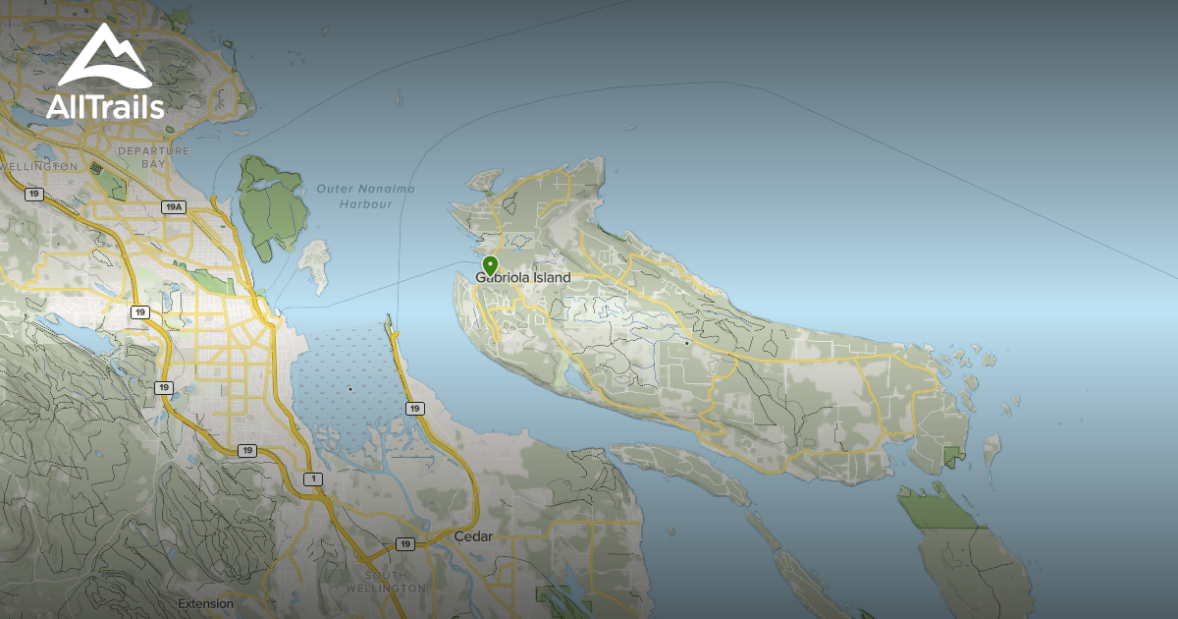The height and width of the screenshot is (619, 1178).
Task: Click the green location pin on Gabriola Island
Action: (x=490, y=264)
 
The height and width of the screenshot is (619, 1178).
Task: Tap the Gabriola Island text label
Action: (x=523, y=278)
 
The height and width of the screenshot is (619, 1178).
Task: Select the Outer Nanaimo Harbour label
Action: (x=365, y=197)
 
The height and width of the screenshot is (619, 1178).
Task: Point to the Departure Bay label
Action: (x=152, y=157)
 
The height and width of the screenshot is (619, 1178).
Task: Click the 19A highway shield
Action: (x=174, y=207)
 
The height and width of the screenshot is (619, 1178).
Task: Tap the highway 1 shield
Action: (x=313, y=479)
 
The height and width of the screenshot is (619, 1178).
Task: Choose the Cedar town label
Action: (x=473, y=537)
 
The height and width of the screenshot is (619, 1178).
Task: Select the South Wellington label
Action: (x=385, y=582)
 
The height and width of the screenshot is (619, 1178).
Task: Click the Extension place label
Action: (x=206, y=603)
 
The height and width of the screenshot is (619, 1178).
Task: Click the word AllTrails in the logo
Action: (x=105, y=106)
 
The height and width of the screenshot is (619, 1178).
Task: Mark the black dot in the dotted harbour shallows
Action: (x=350, y=390)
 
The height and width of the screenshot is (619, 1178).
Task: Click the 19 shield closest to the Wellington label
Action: (x=34, y=195)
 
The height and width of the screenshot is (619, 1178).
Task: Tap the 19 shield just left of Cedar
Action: (x=405, y=543)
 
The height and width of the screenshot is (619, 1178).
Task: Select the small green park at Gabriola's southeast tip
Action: (x=953, y=456)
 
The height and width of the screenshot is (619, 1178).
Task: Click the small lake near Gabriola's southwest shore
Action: (x=566, y=379)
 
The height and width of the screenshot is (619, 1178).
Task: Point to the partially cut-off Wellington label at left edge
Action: (x=39, y=167)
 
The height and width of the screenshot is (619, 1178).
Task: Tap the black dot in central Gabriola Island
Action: (x=686, y=344)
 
